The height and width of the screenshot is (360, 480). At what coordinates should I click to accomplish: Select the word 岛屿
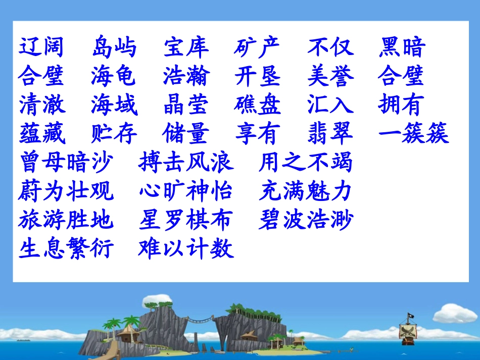114,48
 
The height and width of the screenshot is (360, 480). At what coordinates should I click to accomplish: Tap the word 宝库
186,48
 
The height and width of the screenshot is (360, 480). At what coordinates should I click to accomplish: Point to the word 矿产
257,48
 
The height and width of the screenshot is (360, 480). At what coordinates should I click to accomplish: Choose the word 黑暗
402,48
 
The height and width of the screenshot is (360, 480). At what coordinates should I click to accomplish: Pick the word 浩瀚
186,76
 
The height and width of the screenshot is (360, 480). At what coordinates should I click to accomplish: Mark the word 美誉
330,76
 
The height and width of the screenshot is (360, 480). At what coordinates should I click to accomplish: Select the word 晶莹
186,105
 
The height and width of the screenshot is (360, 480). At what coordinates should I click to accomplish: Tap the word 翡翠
330,134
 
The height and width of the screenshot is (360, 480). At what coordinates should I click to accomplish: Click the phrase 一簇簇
413,134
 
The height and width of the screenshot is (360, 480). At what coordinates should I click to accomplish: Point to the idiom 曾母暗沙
66,163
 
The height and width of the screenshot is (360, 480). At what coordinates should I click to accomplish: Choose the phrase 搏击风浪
186,163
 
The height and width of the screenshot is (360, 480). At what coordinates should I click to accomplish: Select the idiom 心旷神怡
186,191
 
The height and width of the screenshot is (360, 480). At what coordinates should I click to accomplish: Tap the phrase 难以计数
186,249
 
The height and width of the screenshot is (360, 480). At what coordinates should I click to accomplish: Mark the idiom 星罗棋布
186,220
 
